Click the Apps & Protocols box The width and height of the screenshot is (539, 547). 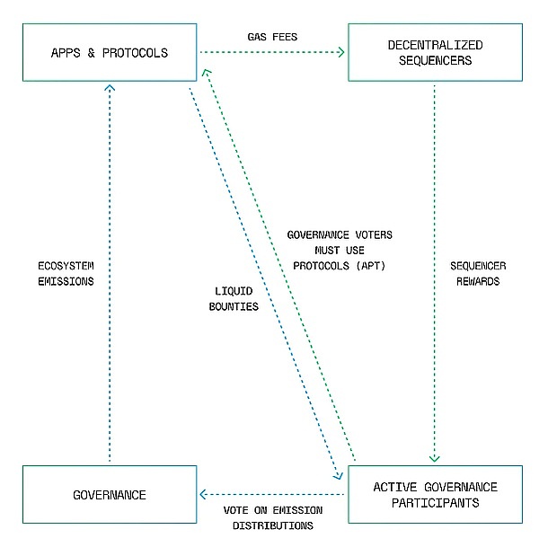110,52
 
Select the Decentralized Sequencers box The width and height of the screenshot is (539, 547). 435,52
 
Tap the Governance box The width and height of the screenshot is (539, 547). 110,494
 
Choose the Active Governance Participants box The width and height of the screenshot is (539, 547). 435,494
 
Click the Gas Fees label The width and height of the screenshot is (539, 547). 272,36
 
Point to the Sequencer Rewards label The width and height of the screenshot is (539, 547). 477,274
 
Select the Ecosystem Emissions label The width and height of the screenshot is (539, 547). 66,274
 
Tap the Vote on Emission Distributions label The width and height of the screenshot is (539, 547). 272,517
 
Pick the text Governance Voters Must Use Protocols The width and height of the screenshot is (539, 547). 340,250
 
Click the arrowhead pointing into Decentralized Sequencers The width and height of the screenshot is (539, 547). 341,52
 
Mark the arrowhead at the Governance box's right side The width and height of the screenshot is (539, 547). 203,494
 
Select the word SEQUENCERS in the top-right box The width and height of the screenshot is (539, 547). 435,60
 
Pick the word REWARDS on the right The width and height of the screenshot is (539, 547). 477,282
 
